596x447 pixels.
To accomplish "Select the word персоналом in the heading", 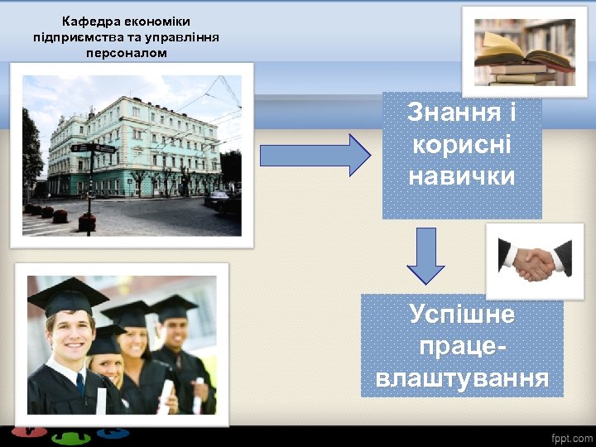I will click(126, 52).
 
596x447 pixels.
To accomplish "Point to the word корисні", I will click(462, 144).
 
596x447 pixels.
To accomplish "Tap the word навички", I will click(462, 175).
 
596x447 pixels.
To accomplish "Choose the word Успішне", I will click(462, 315).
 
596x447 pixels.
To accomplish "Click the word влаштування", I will click(462, 378).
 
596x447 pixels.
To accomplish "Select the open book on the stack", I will click(513, 51).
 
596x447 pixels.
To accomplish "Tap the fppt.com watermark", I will click(572, 437).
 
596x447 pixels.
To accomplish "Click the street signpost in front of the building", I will click(92, 178).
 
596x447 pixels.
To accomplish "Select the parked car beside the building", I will click(217, 198).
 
